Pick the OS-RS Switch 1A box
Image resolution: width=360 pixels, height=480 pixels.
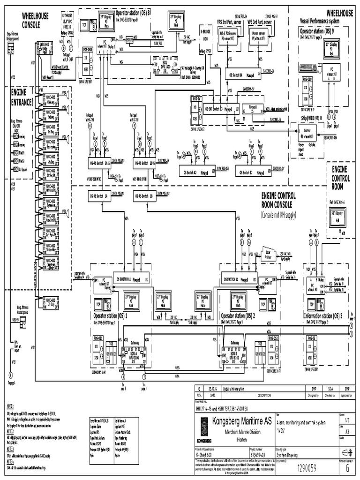point(100,197)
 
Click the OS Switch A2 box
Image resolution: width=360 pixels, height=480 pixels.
point(198,172)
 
